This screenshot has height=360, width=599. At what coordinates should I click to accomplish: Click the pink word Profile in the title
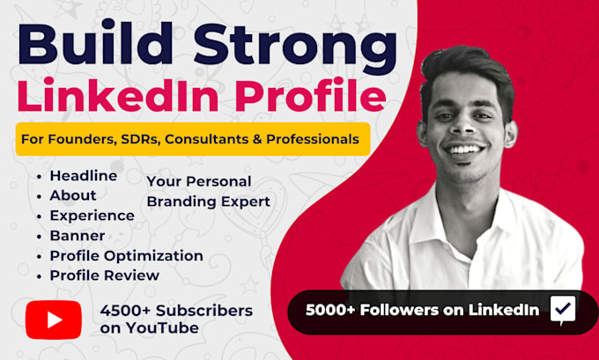[310, 95]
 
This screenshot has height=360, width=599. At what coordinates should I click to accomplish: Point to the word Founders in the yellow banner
[82, 139]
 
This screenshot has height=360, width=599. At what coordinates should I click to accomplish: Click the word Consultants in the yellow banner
[207, 139]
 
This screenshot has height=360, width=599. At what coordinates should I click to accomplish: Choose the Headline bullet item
[84, 176]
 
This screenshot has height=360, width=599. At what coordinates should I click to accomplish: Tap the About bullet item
[73, 195]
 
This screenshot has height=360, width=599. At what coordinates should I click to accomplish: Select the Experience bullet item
[92, 216]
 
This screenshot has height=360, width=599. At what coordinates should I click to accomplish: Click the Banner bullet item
[78, 236]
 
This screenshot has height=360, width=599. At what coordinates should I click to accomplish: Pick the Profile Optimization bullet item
[127, 256]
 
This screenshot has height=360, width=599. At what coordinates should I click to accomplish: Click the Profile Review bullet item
[105, 276]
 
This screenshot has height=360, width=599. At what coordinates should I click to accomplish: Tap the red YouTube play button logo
[54, 320]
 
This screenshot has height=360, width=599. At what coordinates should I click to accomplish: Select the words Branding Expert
[209, 202]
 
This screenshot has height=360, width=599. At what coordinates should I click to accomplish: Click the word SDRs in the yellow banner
[140, 139]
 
